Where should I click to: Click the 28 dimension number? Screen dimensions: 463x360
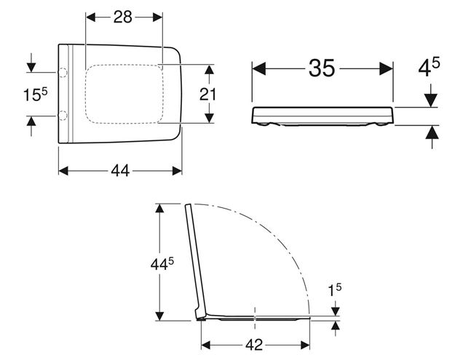tap(123, 17)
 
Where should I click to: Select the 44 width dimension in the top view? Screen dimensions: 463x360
tap(120, 171)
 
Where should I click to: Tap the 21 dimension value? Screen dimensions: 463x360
tap(207, 95)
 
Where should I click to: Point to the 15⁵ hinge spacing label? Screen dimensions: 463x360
tap(36, 95)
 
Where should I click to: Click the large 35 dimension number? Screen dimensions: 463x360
tap(322, 68)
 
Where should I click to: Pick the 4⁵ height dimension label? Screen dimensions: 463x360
tap(429, 67)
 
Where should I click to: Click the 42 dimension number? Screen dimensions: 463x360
tap(254, 345)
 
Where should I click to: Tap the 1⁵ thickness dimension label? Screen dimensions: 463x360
tap(335, 290)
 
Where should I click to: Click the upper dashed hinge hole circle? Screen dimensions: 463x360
tap(63, 72)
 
